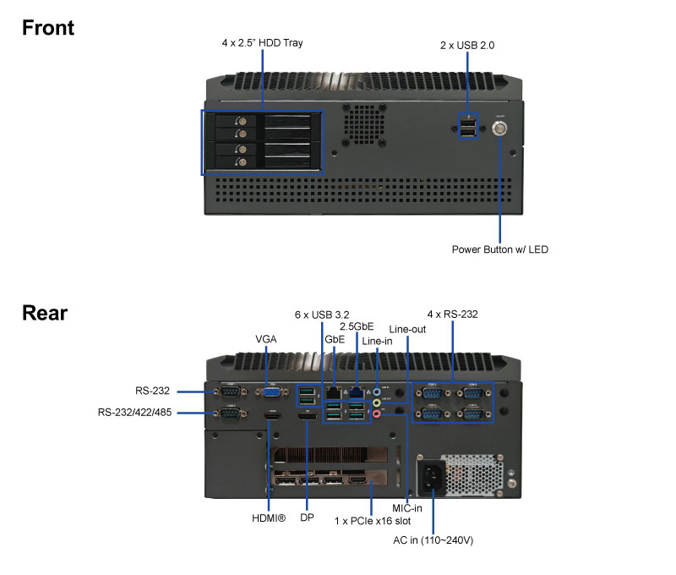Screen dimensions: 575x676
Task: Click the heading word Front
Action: tap(48, 27)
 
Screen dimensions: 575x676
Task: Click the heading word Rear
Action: tap(45, 313)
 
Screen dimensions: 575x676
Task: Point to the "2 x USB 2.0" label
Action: tap(468, 44)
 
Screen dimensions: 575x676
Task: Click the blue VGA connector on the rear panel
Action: tap(272, 391)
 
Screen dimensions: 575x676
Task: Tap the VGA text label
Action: tap(266, 339)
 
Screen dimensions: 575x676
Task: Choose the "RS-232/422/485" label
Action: tap(136, 413)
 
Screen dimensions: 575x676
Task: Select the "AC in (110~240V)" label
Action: tap(433, 539)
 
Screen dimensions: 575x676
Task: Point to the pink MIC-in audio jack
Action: tap(378, 413)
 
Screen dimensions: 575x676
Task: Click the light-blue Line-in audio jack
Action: tap(378, 392)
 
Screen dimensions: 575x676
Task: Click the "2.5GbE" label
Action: tap(357, 326)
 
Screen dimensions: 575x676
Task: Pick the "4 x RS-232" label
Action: tap(452, 315)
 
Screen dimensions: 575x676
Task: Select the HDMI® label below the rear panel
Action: tap(270, 517)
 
